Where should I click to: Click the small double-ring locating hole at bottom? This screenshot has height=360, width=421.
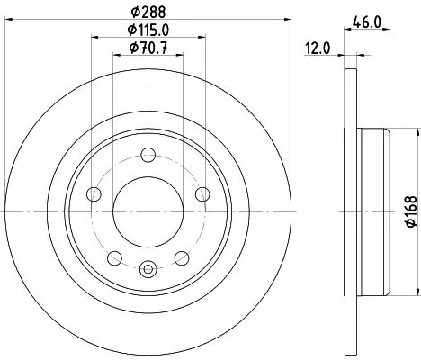[148, 267]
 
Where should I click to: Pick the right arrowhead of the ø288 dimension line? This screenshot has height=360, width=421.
[289, 24]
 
